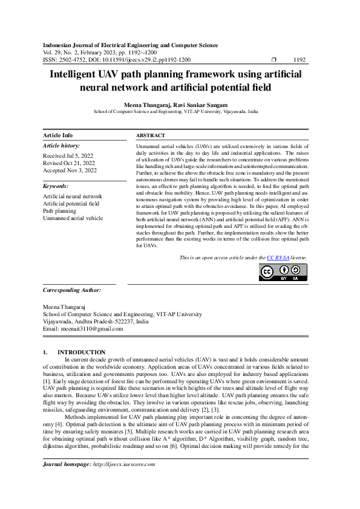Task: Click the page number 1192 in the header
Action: [299, 60]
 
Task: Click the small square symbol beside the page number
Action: [274, 60]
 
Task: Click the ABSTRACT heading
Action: [151, 136]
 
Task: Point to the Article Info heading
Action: [58, 136]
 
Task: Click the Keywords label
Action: [56, 187]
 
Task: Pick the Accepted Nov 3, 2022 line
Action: [70, 171]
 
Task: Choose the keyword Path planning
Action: [59, 211]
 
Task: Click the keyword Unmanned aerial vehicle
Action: [73, 218]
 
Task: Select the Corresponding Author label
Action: [72, 290]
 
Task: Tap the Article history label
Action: [61, 146]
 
